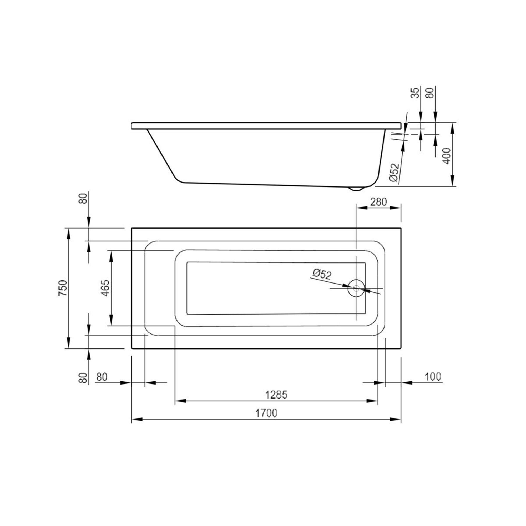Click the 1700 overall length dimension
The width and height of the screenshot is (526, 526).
click(x=266, y=413)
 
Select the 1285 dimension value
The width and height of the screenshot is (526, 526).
click(x=276, y=394)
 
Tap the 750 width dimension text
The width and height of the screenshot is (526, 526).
click(x=62, y=288)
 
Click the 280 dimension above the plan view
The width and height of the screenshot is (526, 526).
click(x=378, y=202)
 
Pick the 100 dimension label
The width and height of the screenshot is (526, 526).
click(x=433, y=377)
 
